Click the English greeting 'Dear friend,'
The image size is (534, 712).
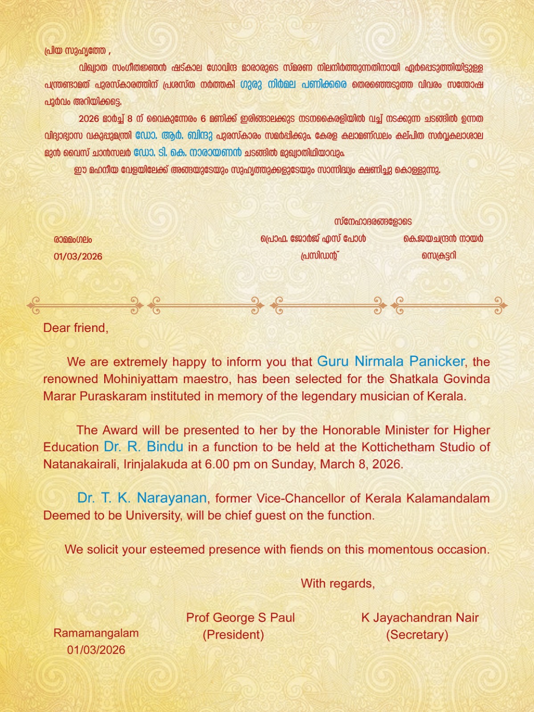point(76,328)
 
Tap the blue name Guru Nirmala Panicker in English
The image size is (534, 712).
point(391,361)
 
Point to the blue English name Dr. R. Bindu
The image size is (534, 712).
point(143,447)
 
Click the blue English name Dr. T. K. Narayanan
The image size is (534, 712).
point(142,498)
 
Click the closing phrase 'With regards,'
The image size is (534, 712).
point(338,583)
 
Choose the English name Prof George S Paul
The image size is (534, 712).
point(241,618)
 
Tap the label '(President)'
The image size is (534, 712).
point(233,635)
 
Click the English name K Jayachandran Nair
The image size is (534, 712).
point(420,618)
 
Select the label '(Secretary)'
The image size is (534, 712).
point(417,635)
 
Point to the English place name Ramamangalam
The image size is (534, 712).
point(96,633)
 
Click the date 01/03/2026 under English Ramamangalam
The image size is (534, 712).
point(96,650)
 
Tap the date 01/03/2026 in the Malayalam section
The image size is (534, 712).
point(78,256)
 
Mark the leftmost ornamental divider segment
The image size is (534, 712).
point(85,305)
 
